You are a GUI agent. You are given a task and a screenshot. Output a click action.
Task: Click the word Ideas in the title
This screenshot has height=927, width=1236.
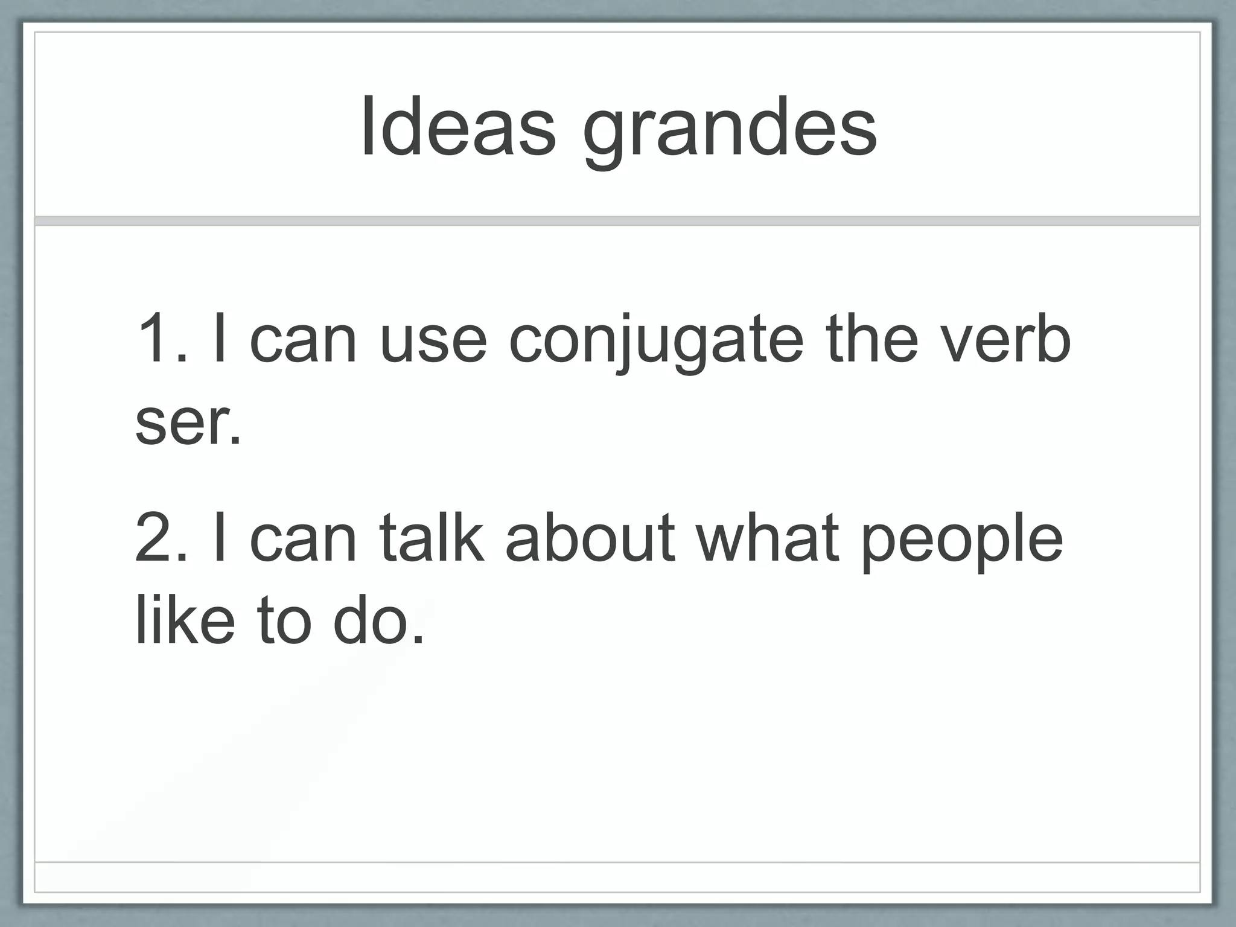pyautogui.click(x=457, y=127)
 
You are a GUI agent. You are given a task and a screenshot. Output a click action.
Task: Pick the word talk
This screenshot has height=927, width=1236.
pyautogui.click(x=431, y=537)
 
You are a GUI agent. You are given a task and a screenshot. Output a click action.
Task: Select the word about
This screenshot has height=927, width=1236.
pyautogui.click(x=590, y=537)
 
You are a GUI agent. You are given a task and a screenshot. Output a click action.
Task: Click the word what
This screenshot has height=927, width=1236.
pyautogui.click(x=768, y=537)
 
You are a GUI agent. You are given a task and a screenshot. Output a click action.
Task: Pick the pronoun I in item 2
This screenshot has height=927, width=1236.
pyautogui.click(x=220, y=537)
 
